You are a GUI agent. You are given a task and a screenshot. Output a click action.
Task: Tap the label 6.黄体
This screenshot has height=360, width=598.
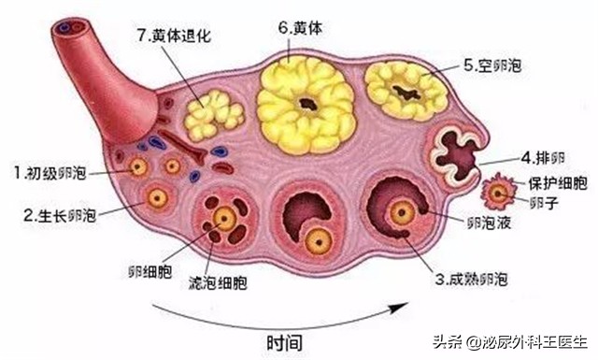(x=302, y=27)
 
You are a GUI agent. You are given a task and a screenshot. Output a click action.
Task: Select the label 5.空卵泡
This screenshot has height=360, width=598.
(x=493, y=66)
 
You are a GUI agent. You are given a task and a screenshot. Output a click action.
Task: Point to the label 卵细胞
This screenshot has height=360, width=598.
(x=149, y=272)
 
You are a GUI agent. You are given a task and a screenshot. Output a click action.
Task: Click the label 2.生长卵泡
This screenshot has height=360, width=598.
(x=60, y=214)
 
